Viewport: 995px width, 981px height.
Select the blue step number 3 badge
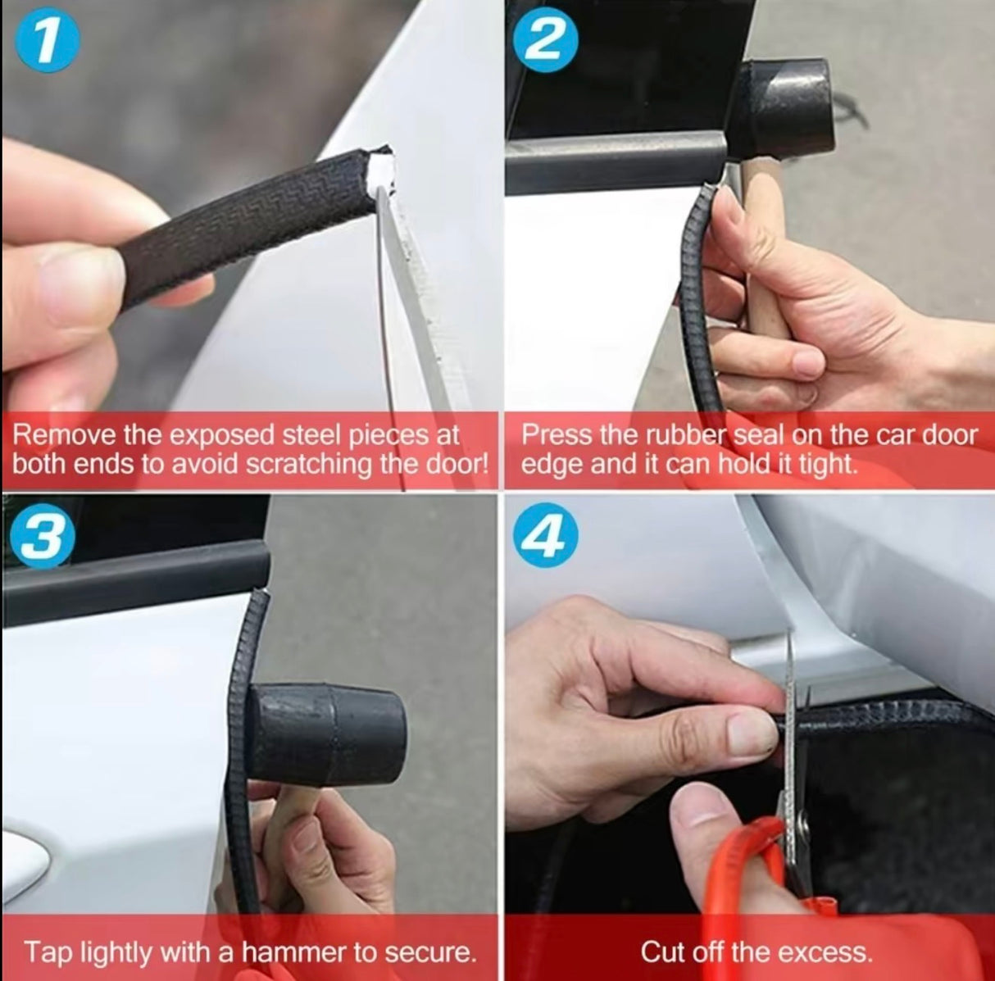42,541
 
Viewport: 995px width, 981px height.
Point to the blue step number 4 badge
545,538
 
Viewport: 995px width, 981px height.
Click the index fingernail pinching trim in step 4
751,733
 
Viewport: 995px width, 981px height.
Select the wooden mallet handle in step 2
763,246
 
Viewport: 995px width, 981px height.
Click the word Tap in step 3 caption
43,952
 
